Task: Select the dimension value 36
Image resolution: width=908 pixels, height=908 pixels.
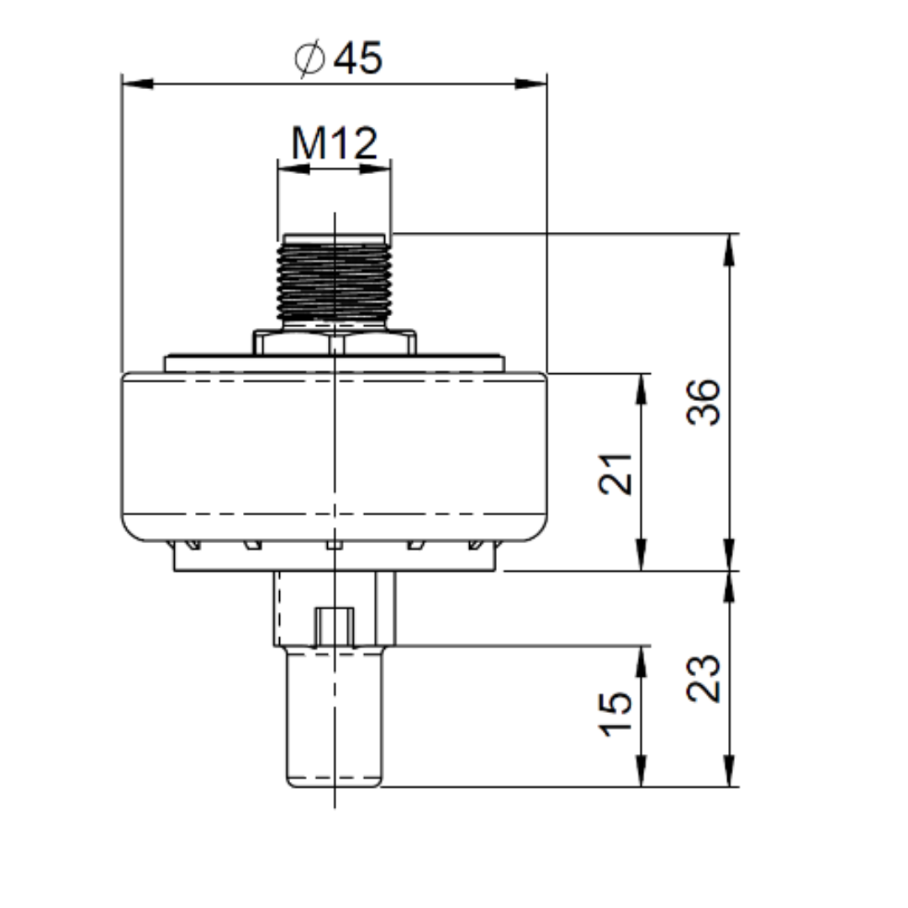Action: pos(704,403)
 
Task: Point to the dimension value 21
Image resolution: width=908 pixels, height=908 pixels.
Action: pos(615,474)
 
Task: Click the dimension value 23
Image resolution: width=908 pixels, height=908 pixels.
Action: pos(704,678)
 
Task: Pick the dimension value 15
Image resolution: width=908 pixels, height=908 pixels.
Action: pos(615,714)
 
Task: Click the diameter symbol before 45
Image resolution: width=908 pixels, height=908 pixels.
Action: pos(309,58)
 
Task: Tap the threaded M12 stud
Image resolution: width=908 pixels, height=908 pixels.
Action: pos(334,279)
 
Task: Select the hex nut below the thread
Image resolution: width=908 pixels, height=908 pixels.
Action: pos(334,342)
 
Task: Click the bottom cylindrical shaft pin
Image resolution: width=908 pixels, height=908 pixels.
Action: pos(335,717)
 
